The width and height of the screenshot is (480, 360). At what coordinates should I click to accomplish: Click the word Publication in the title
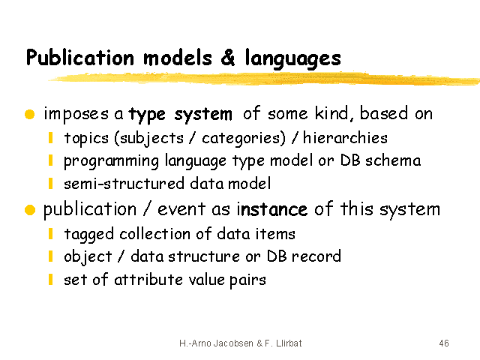tap(80, 58)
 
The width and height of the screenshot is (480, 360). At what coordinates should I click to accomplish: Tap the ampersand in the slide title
tap(228, 57)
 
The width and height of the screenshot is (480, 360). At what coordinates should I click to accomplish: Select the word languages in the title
tap(293, 58)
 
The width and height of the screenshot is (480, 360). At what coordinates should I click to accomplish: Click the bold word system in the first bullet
tap(203, 115)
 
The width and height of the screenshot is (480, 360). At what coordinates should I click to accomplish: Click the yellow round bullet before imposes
tap(30, 114)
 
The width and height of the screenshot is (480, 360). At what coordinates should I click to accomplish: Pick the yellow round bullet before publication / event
tap(30, 210)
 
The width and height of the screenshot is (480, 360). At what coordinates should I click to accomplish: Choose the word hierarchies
tap(345, 138)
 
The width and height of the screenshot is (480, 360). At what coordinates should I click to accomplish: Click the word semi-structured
tap(124, 184)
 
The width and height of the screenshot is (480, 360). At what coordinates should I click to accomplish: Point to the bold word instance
tap(272, 210)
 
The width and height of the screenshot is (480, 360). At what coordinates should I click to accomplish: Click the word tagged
tap(89, 235)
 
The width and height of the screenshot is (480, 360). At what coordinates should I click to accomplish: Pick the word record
tap(316, 256)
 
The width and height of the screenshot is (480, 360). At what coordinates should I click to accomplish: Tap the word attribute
tap(148, 279)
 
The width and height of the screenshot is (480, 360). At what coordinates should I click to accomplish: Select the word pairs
tap(247, 280)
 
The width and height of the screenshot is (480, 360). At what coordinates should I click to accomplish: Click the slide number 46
tap(444, 343)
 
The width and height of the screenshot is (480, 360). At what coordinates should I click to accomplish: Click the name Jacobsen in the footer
tap(233, 343)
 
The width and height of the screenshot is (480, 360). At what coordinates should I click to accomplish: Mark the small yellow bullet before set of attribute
tap(51, 279)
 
